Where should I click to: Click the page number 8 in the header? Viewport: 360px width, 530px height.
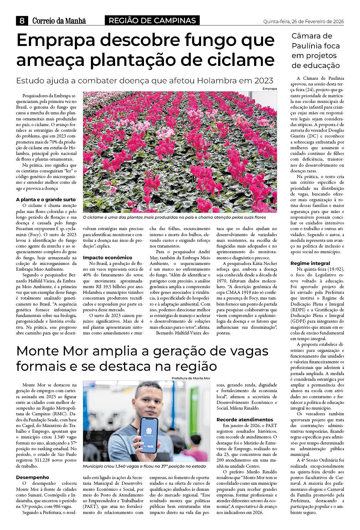click(22, 21)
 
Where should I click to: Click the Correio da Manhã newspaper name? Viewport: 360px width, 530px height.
click(59, 21)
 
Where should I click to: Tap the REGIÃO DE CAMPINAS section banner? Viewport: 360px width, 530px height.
click(152, 21)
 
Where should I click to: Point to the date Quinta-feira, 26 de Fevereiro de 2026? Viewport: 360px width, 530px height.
click(303, 21)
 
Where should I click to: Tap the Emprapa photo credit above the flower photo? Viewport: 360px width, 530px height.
click(269, 89)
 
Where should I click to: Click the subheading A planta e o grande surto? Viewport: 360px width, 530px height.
click(46, 200)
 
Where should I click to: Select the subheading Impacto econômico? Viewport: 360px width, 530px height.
click(107, 258)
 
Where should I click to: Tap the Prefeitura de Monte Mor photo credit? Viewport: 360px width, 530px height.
click(191, 378)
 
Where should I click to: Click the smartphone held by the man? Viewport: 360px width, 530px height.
click(149, 435)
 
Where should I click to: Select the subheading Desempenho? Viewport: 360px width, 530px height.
click(32, 477)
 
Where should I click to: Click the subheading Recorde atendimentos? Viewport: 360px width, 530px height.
click(245, 420)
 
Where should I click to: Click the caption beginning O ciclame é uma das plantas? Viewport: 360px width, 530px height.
click(174, 217)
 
